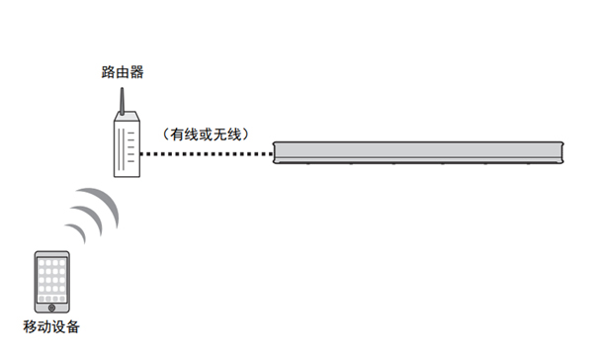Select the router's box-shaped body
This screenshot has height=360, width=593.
123,149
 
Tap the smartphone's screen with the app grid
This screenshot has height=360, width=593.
51,280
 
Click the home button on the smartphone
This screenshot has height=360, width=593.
51,308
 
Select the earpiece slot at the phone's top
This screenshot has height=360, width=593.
51,254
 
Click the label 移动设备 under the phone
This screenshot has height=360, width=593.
51,327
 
